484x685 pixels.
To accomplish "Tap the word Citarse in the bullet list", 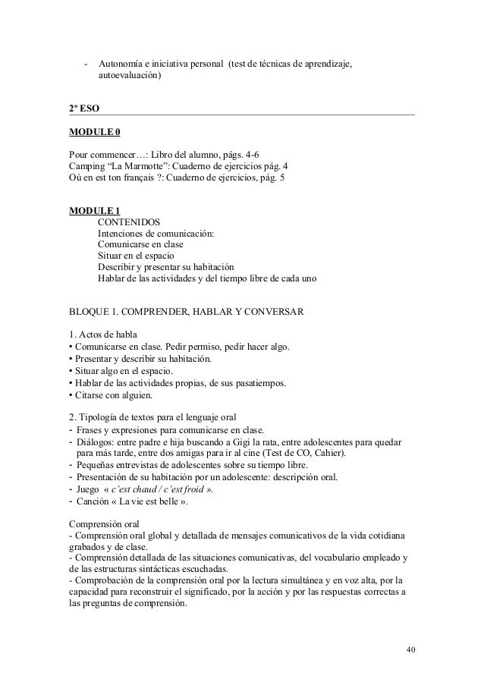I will pyautogui.click(x=90, y=396).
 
